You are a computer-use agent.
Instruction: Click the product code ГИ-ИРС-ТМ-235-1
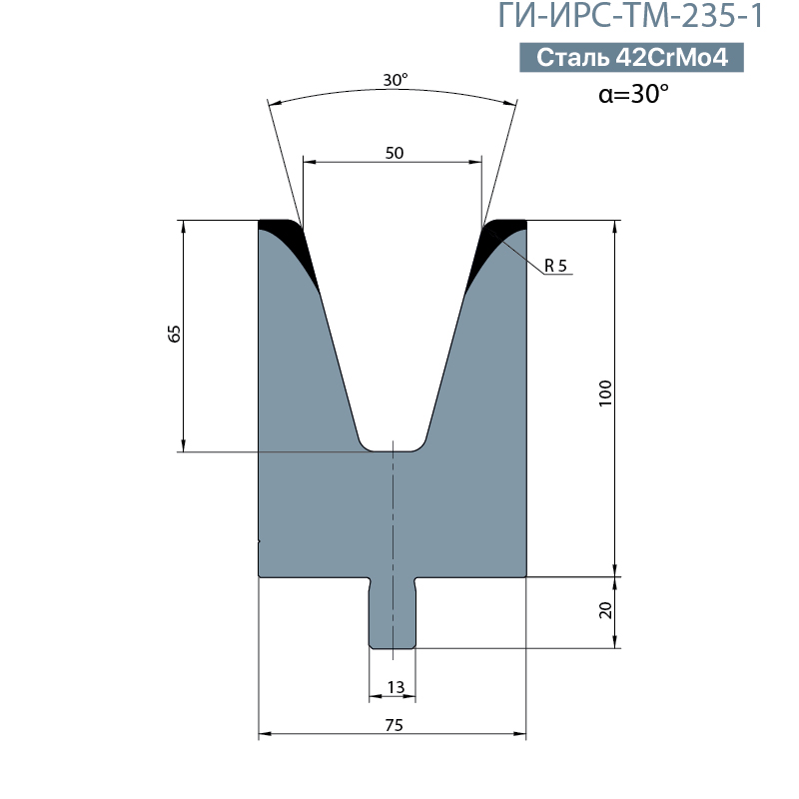point(631,15)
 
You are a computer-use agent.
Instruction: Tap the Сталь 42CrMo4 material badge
point(631,57)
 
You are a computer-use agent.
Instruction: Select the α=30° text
point(633,93)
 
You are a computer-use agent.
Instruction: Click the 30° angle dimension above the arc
point(396,80)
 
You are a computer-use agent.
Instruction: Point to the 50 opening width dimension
point(395,153)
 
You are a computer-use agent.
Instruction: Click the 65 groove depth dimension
point(174,334)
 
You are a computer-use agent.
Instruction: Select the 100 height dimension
point(605,393)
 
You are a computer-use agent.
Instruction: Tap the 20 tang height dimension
point(605,610)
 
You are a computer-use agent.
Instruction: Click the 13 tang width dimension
point(396,687)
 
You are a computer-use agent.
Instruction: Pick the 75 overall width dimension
point(395,725)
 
